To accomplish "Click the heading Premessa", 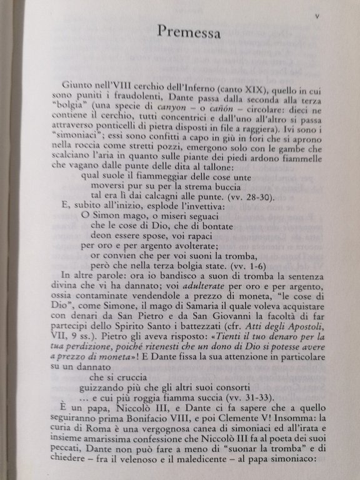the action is click(188, 31).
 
